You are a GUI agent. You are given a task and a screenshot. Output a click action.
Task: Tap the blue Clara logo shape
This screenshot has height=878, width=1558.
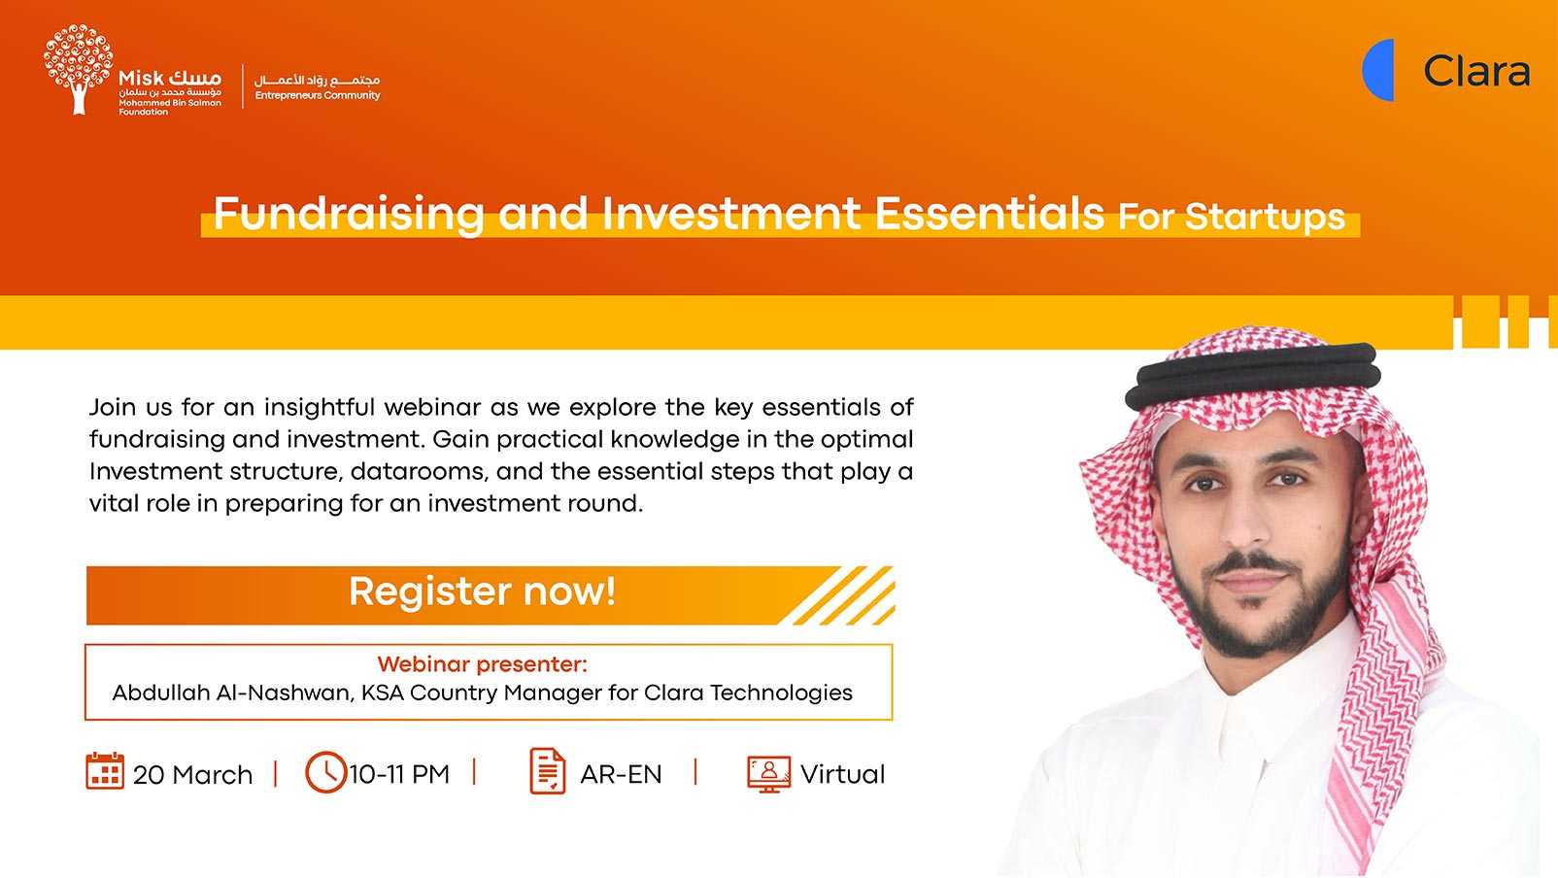(x=1378, y=70)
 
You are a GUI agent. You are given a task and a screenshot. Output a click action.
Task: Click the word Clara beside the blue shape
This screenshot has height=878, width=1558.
(x=1476, y=71)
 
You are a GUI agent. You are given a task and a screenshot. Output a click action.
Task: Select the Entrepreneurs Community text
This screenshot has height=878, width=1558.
(x=318, y=95)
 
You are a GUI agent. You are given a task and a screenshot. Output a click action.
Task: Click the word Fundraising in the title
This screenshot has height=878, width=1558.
(x=349, y=213)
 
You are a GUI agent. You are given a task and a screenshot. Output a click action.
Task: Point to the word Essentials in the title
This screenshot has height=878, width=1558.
(x=989, y=213)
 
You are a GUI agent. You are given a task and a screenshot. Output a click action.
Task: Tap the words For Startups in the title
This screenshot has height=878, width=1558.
(x=1231, y=217)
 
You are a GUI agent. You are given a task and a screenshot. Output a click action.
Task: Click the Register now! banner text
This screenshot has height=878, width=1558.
(x=482, y=592)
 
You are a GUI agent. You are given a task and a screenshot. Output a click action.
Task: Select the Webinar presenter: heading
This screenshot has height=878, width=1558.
(x=482, y=664)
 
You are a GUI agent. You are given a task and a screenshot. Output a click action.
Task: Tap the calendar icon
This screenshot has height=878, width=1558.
(x=105, y=771)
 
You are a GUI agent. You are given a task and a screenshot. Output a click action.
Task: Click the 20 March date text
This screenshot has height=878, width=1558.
(x=192, y=774)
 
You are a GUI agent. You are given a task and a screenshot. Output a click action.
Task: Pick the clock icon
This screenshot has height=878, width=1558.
(x=325, y=772)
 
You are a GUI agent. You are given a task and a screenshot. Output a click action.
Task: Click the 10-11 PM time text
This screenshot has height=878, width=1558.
(x=399, y=774)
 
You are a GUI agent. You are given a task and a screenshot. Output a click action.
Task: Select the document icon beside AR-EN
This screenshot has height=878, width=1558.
(x=548, y=771)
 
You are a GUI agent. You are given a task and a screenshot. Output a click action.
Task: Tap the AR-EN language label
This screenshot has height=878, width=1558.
(x=621, y=774)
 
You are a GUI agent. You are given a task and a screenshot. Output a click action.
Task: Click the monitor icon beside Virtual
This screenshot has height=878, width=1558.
(x=768, y=774)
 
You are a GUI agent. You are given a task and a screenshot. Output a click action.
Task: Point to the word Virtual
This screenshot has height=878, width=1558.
(x=842, y=774)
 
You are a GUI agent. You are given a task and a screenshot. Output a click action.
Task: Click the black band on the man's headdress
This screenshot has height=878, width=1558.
(x=1252, y=375)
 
